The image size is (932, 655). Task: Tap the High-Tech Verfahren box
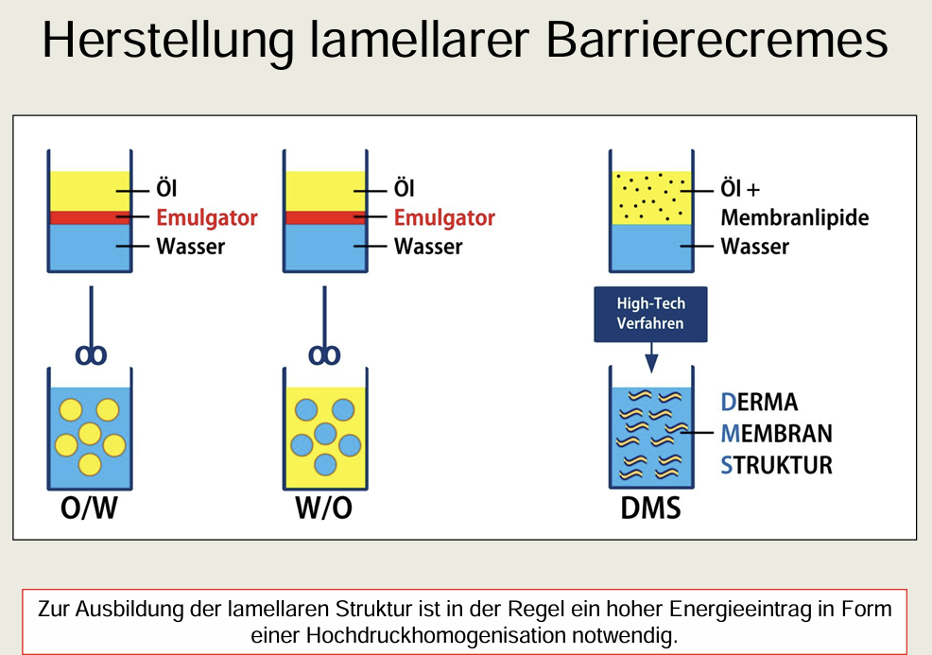650,314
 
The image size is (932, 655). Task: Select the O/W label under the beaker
89,507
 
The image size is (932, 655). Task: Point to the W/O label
323,507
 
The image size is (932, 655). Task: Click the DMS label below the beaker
650,507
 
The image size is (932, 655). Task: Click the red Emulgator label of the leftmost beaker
207,217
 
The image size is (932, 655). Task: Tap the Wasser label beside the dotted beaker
754,247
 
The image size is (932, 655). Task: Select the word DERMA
759,402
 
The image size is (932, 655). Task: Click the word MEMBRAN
776,434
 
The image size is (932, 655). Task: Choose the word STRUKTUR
776,465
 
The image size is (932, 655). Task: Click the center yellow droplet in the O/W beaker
90,433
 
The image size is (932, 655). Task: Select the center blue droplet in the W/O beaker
324,433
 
